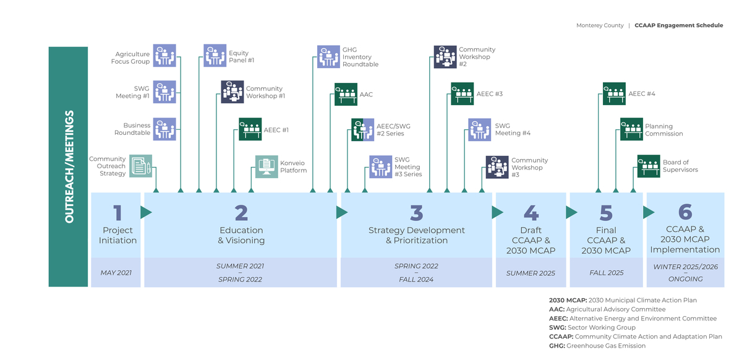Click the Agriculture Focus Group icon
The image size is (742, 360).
tap(164, 56)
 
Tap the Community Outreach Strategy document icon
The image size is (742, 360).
tap(141, 166)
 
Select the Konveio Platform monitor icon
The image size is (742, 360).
tap(267, 166)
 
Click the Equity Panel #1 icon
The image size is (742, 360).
tap(215, 56)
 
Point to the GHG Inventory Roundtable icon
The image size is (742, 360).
tap(328, 56)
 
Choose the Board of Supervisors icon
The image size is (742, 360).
tap(649, 166)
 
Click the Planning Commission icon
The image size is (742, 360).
tap(632, 129)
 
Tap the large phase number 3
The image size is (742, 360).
tap(416, 213)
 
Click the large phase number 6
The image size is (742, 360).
tap(685, 212)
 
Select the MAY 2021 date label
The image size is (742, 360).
tap(116, 273)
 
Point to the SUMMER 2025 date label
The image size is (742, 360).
tap(531, 273)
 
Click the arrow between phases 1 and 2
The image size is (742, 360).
tap(146, 212)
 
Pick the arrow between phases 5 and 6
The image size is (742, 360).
tap(649, 212)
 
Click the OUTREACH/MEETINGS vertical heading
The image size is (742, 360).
tap(69, 167)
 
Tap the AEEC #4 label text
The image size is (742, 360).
tap(641, 94)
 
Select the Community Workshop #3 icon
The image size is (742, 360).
tap(497, 166)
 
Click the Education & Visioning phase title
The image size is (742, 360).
tap(241, 235)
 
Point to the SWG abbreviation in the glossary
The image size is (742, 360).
tap(557, 327)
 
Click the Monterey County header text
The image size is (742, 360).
tap(599, 25)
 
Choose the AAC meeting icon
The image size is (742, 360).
tap(346, 94)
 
